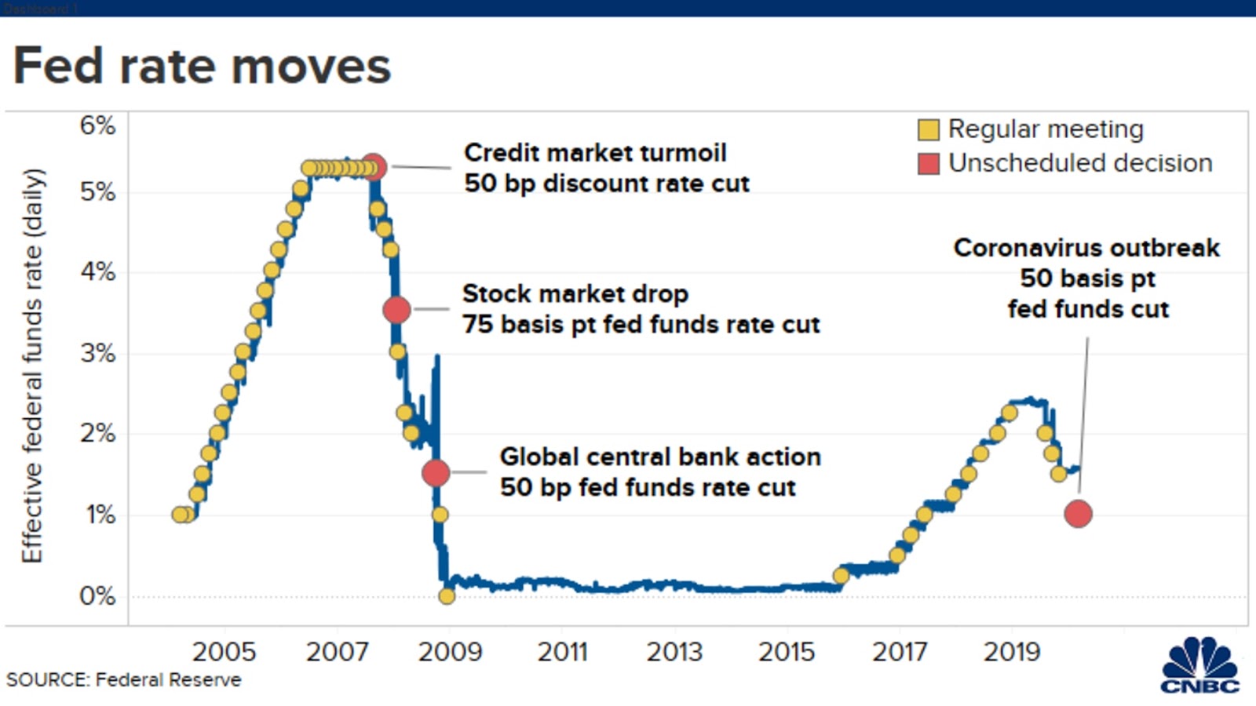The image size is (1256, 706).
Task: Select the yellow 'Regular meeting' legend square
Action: (928, 129)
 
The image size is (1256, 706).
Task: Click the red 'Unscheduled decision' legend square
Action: (928, 163)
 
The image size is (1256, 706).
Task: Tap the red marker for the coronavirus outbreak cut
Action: (1078, 514)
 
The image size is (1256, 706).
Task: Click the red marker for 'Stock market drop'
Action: (396, 310)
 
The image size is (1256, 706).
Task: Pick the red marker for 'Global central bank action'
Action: (436, 473)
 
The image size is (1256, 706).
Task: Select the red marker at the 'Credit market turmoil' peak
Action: (374, 167)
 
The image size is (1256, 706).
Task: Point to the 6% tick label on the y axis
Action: (97, 126)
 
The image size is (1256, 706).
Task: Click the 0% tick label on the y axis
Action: (97, 596)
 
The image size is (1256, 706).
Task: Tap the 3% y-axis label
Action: (97, 353)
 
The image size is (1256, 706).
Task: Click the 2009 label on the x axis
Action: (449, 652)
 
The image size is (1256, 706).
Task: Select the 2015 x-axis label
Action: (787, 652)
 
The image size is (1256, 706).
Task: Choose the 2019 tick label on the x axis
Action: (1011, 652)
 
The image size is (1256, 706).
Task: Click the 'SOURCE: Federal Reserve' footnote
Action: (124, 680)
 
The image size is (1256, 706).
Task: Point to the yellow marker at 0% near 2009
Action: (447, 596)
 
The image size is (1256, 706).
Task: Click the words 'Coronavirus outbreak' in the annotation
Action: (1086, 248)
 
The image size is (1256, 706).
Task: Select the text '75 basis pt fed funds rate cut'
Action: (641, 324)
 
